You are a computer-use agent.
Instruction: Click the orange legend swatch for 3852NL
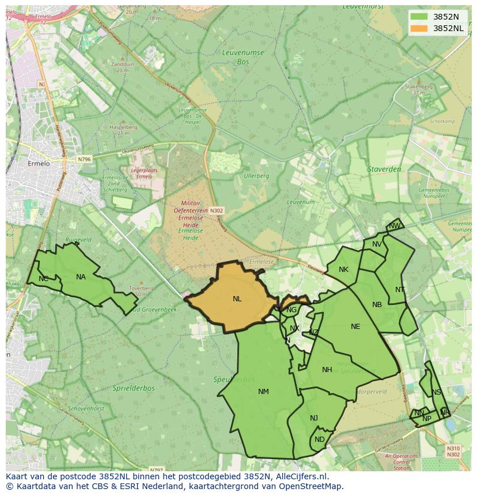tap(419, 28)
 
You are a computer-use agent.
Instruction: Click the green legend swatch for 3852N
tap(419, 17)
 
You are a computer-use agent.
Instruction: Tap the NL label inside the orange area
tap(237, 299)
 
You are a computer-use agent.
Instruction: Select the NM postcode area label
tap(263, 392)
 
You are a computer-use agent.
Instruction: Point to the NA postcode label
tap(81, 277)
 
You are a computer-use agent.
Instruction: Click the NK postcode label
tap(343, 270)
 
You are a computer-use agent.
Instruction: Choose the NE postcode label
tap(355, 327)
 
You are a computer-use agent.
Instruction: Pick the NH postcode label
tap(327, 370)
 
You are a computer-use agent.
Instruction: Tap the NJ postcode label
tap(314, 418)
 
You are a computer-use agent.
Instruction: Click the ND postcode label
tap(320, 440)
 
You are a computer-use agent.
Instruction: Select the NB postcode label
tap(377, 305)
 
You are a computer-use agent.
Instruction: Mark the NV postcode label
tap(377, 244)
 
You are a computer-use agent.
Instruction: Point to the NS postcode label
tap(436, 392)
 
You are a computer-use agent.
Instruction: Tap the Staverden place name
tap(384, 169)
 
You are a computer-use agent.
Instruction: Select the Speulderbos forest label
tap(234, 380)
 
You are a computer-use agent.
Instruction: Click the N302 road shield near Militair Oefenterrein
tap(216, 211)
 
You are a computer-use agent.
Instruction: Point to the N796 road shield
tap(84, 159)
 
